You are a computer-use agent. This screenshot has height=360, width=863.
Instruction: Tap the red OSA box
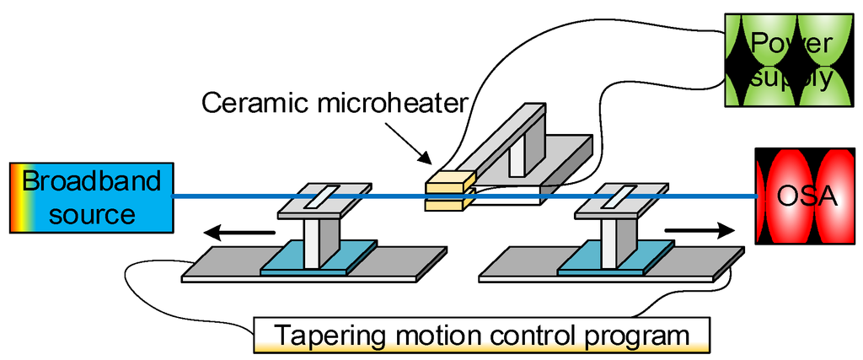click(x=807, y=196)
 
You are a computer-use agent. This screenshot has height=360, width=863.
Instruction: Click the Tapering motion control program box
click(x=481, y=336)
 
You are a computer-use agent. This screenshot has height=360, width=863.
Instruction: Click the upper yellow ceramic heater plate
click(x=446, y=180)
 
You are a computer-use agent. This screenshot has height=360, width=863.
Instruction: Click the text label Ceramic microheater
click(x=335, y=104)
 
